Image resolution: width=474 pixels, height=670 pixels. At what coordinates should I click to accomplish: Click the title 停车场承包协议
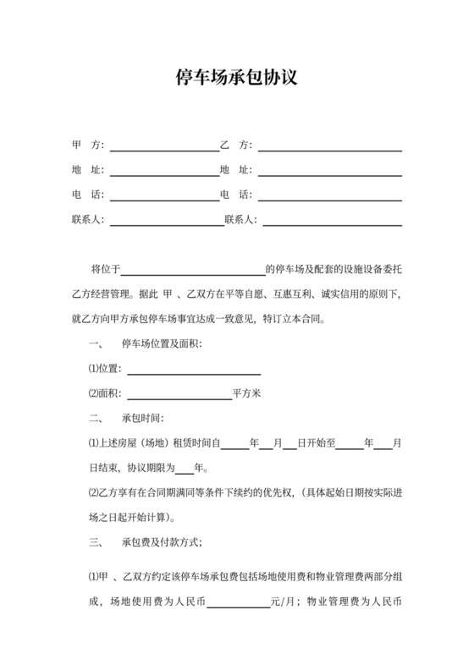click(237, 79)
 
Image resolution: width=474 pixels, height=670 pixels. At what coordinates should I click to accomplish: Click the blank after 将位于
click(194, 272)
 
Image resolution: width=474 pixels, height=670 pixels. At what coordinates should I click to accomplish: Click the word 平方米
click(247, 393)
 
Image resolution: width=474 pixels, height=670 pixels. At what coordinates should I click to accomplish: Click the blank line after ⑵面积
click(178, 396)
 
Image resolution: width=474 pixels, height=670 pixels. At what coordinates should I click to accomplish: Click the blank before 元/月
click(238, 606)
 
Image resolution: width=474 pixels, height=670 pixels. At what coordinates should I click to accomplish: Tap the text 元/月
click(283, 602)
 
